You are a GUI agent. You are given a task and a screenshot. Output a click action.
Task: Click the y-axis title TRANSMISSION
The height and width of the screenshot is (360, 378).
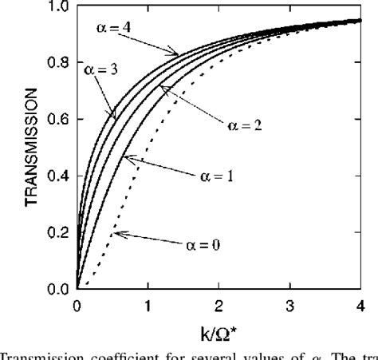(x=32, y=148)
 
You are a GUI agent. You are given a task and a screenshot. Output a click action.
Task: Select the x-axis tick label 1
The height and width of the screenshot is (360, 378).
(x=148, y=303)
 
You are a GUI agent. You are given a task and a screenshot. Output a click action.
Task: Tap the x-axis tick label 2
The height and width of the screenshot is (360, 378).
(x=219, y=303)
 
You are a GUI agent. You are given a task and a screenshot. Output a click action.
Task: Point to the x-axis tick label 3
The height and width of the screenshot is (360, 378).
(x=289, y=303)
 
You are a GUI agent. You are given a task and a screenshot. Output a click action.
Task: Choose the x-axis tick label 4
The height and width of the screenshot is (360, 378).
(x=360, y=303)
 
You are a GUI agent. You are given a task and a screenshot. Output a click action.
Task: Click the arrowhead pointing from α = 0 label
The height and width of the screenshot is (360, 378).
(x=115, y=235)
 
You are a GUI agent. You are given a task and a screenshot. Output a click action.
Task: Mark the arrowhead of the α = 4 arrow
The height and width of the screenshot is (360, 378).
(x=176, y=53)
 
